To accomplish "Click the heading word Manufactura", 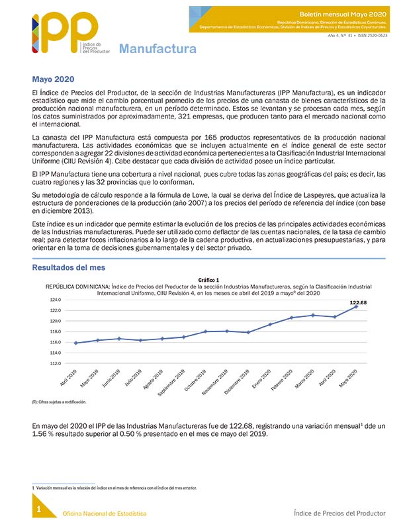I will pos(157,49).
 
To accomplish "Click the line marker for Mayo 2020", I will pos(357,306).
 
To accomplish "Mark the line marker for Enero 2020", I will pos(270,324).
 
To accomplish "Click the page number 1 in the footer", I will pos(39,509).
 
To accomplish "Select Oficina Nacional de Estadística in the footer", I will pos(105,513).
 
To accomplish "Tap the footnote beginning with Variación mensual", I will pos(116,488).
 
